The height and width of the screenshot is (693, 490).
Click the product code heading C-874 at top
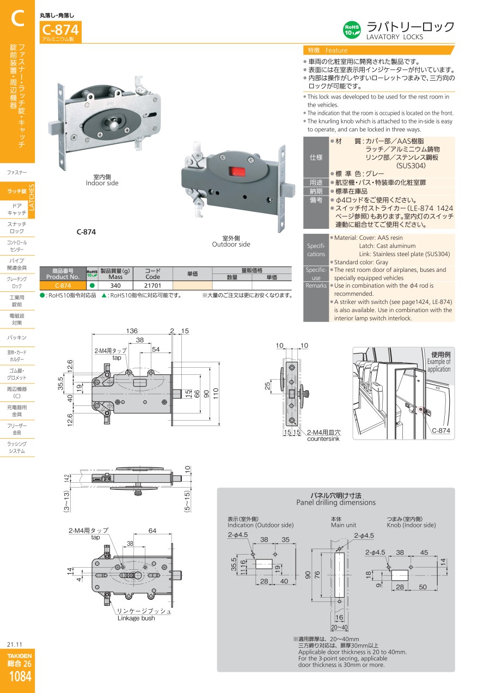[x=60, y=29]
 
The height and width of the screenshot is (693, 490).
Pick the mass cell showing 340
[x=115, y=285]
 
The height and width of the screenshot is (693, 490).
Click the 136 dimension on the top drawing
[x=132, y=331]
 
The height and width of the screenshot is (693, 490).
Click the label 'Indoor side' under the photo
[x=102, y=184]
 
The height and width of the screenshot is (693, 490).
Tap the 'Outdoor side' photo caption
[x=231, y=245]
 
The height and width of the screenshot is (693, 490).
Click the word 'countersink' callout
[x=323, y=439]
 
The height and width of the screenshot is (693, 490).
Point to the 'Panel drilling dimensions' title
[x=336, y=502]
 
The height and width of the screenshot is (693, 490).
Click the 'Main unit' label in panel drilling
[x=343, y=525]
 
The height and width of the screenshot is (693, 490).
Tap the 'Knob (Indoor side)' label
[x=411, y=525]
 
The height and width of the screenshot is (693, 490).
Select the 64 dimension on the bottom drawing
[x=152, y=531]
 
